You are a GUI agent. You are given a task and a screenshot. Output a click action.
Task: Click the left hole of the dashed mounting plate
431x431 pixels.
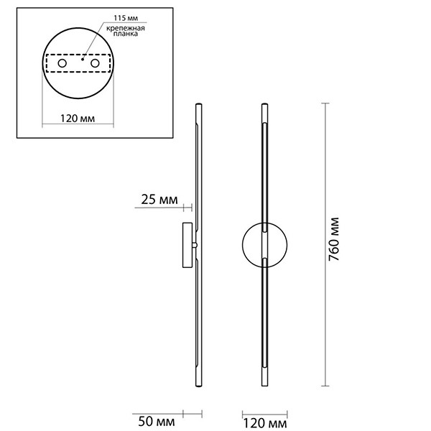(x=62, y=64)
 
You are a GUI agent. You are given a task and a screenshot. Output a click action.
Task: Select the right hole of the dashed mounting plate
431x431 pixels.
(x=93, y=64)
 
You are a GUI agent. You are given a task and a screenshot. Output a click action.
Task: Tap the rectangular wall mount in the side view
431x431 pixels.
(x=186, y=245)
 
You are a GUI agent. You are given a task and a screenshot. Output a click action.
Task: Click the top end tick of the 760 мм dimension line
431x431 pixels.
(x=327, y=104)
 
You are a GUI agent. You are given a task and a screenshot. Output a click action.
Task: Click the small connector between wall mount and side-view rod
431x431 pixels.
(x=194, y=245)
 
